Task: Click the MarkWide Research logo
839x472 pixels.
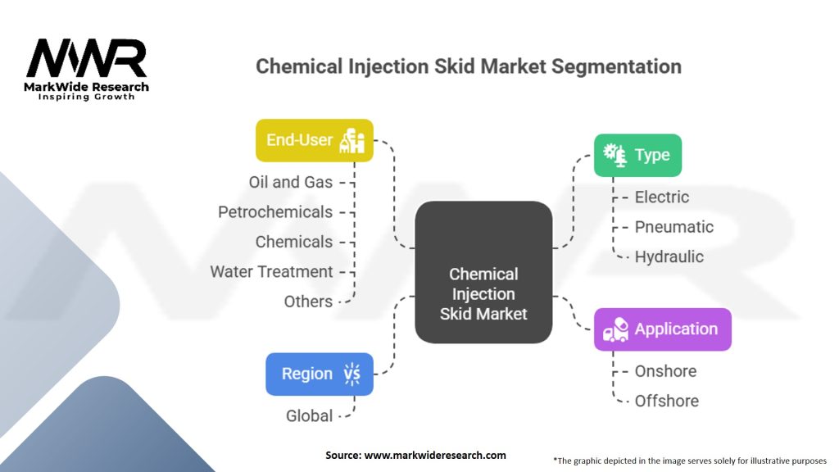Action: click(87, 69)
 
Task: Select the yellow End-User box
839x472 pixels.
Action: click(315, 140)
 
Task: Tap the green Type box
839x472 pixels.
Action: click(637, 155)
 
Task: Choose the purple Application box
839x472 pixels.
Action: click(662, 329)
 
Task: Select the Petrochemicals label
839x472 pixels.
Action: click(275, 212)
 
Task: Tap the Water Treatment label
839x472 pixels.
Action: click(271, 271)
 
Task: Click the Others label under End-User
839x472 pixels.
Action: click(308, 302)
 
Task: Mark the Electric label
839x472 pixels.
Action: click(662, 197)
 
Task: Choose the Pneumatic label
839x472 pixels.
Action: click(673, 227)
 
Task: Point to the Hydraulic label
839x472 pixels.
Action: click(669, 256)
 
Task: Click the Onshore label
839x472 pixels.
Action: click(665, 371)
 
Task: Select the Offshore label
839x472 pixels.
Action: click(666, 401)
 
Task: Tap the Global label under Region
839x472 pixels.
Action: click(309, 416)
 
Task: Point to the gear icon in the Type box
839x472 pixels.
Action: click(614, 154)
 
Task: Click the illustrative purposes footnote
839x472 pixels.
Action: click(690, 461)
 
